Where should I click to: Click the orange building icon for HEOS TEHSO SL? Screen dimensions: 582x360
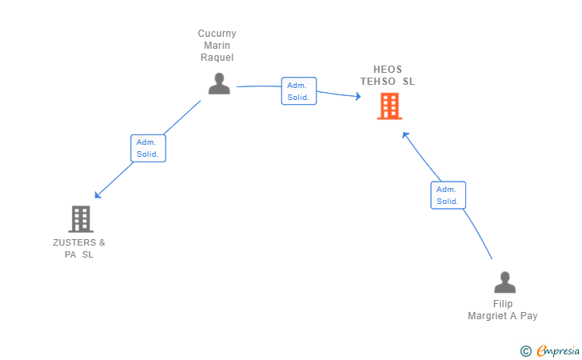[x=389, y=106]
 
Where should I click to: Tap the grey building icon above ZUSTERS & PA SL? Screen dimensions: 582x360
[x=81, y=219]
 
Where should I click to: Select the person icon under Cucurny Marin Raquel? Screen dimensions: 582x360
[x=219, y=83]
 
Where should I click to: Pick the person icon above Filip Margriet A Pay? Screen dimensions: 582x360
[x=504, y=282]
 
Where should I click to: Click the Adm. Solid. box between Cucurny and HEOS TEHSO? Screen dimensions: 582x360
[x=299, y=91]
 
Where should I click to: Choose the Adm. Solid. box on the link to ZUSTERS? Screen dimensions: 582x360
[x=148, y=148]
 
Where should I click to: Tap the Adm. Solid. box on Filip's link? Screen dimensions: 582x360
[x=448, y=195]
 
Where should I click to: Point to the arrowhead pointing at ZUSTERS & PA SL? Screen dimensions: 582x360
[x=98, y=195]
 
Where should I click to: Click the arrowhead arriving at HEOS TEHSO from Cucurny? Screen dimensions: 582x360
[x=358, y=97]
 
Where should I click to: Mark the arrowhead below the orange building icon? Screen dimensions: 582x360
[x=405, y=135]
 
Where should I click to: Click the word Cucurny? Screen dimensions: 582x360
[x=217, y=34]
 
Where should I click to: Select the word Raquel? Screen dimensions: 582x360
[x=217, y=58]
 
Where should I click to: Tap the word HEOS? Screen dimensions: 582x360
[x=388, y=70]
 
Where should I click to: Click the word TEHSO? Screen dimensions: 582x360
[x=378, y=82]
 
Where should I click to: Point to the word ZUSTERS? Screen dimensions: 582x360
[x=74, y=242]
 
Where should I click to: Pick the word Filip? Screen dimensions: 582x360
[x=503, y=304]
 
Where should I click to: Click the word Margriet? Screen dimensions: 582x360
[x=487, y=316]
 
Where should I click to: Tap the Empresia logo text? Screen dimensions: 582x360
[x=558, y=350]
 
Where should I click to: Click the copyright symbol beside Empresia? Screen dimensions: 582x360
[x=525, y=351]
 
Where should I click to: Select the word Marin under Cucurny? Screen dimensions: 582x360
[x=217, y=46]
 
